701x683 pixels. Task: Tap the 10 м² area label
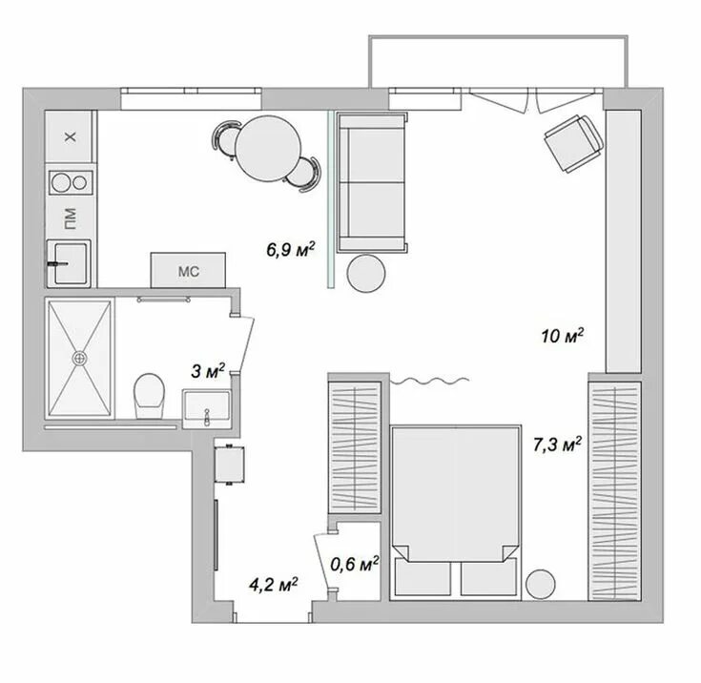562,336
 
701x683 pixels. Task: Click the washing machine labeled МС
187,270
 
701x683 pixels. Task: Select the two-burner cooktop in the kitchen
70,181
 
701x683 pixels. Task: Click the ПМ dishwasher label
70,220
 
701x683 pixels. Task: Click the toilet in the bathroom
148,395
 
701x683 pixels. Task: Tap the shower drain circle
80,358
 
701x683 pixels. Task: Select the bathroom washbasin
205,408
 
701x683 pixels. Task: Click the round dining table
271,149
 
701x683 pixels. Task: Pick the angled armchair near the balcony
574,143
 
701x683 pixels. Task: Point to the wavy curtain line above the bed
429,382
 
